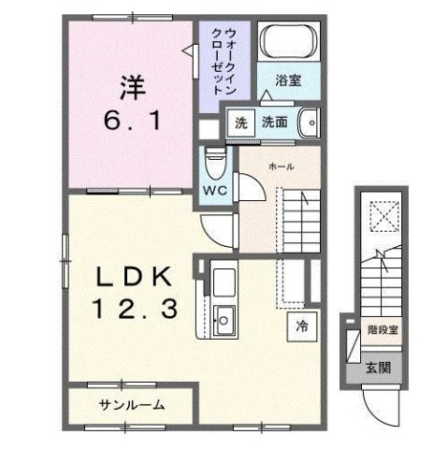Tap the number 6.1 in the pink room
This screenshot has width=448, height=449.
click(131, 120)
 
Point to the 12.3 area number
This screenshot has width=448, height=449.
click(135, 310)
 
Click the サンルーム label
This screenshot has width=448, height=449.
click(131, 405)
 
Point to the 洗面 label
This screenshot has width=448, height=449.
click(274, 122)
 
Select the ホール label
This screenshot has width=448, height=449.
click(281, 166)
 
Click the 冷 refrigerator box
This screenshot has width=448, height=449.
click(302, 326)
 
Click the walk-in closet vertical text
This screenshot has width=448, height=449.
click(224, 59)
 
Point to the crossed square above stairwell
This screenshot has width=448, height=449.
click(380, 216)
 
